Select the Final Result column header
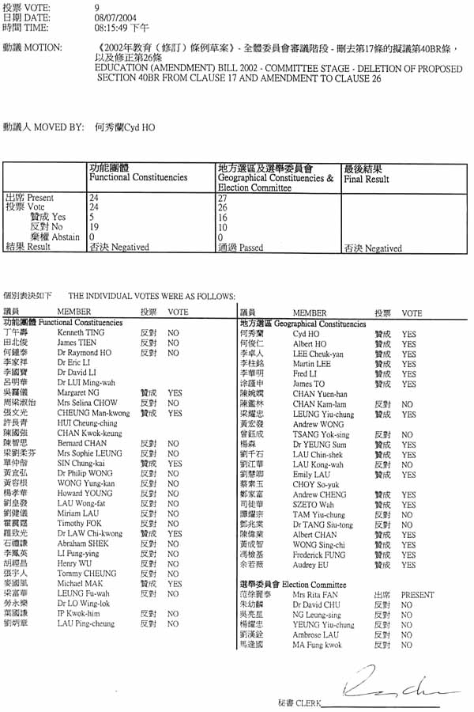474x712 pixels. coord(366,179)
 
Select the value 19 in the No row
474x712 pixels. coord(94,227)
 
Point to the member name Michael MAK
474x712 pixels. coord(77,583)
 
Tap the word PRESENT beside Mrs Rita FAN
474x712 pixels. coord(417,595)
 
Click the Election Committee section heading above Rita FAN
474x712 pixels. coord(308,585)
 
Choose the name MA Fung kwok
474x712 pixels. coord(318,645)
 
